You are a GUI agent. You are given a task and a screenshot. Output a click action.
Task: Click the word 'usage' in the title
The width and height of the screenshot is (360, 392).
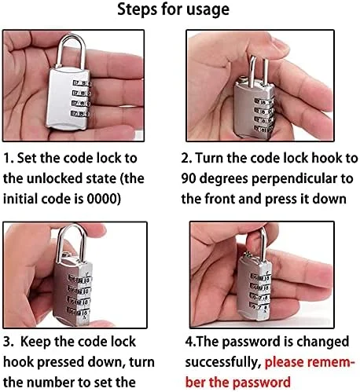click(x=208, y=10)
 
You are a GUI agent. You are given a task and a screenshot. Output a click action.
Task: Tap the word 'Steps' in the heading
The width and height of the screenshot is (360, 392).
click(x=137, y=9)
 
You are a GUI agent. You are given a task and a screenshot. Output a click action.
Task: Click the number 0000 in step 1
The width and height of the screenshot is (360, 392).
click(x=102, y=199)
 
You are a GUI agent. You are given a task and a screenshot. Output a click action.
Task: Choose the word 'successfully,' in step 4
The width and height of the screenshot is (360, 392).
click(x=223, y=363)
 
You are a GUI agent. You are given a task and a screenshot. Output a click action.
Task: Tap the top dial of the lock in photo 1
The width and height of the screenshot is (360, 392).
click(x=82, y=83)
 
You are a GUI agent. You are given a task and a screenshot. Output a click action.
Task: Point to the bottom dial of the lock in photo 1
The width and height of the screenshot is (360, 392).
click(x=80, y=114)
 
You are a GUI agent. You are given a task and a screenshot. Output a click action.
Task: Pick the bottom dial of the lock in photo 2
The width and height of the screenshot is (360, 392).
click(x=263, y=129)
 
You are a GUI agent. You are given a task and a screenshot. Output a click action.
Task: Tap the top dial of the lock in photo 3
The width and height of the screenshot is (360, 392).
click(x=79, y=280)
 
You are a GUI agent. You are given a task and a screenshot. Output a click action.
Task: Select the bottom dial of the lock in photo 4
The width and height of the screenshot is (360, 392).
click(x=259, y=306)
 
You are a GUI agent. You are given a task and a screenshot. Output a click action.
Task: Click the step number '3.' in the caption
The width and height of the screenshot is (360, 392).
click(x=8, y=343)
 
